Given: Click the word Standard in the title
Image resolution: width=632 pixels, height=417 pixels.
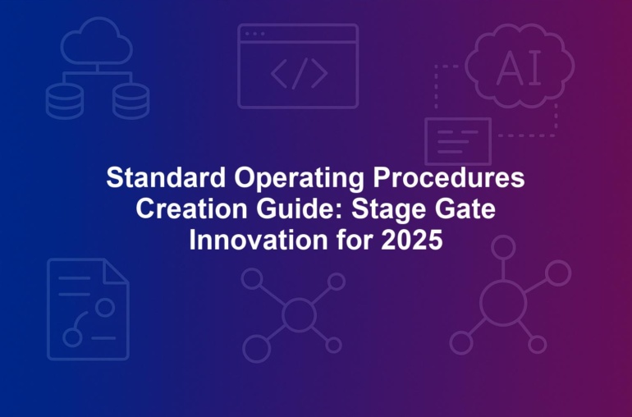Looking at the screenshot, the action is [x=166, y=177].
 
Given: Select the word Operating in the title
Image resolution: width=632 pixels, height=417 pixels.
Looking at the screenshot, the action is [x=299, y=179].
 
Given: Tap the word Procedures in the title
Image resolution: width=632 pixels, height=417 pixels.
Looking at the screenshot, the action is [x=449, y=177].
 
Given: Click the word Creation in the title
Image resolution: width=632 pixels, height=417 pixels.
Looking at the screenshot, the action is [x=191, y=208].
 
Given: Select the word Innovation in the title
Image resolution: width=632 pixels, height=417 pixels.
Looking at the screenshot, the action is [x=259, y=240].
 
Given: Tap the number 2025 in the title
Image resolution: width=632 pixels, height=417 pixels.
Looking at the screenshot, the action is [x=411, y=240].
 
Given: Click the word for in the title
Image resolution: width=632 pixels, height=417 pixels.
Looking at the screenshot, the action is [x=355, y=240].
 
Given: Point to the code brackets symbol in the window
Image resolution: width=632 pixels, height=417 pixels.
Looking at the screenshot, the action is [x=299, y=73].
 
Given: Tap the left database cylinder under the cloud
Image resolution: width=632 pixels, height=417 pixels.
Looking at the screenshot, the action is [x=65, y=101].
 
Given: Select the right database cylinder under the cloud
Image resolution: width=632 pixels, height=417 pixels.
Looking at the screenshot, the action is [x=131, y=101].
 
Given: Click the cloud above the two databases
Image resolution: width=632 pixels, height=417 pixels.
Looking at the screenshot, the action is [x=97, y=41].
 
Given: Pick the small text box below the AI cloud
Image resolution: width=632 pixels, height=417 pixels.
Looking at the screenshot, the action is [x=458, y=141].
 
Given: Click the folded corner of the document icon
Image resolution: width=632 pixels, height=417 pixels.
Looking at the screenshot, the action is [x=116, y=272].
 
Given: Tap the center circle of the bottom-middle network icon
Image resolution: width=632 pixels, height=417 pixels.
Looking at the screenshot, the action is [x=299, y=314].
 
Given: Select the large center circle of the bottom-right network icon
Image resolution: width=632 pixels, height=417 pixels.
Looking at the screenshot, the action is [x=503, y=302].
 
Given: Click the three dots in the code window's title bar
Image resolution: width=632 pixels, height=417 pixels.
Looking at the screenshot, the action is [x=254, y=34].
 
